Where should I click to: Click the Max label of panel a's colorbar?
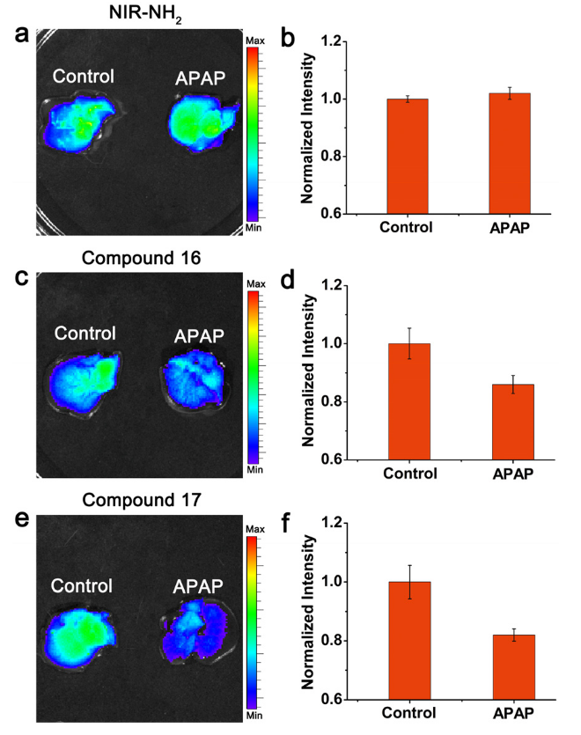point(256,40)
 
